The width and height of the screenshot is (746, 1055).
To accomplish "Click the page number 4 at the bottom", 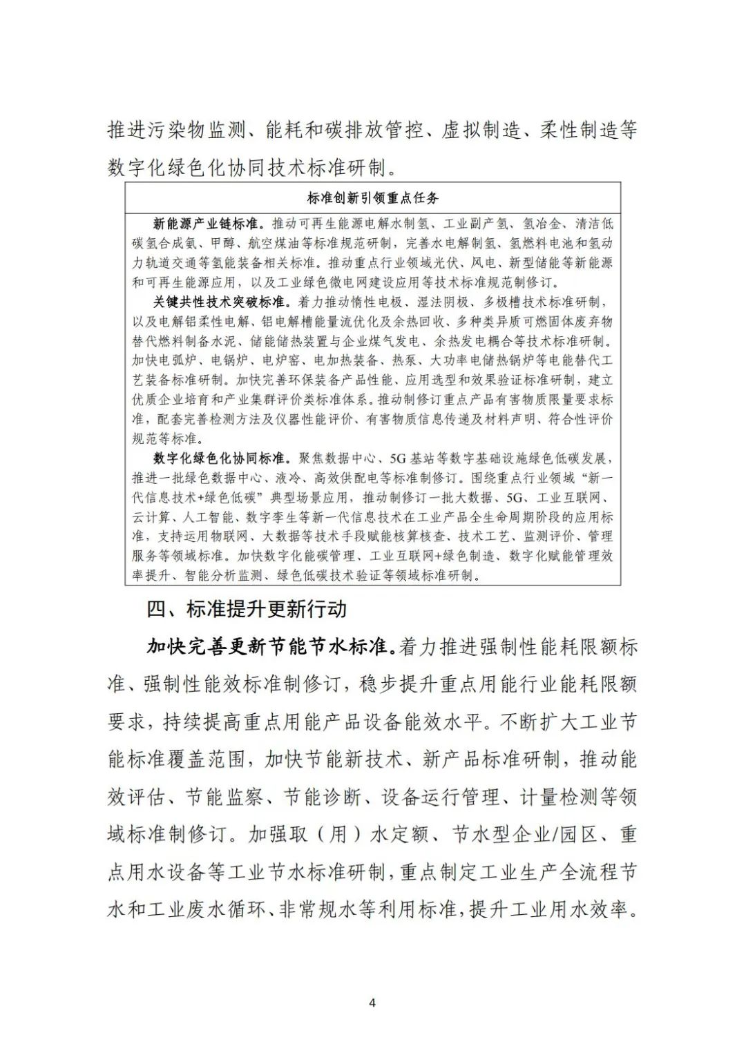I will point(372,1003).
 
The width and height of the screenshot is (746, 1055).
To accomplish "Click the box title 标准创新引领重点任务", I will point(373,198).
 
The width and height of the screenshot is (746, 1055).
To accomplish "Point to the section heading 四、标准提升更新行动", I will point(247,609).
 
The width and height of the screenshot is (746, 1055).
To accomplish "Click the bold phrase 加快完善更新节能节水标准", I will point(269,647).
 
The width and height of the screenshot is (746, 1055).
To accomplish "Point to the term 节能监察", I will point(224,797).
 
